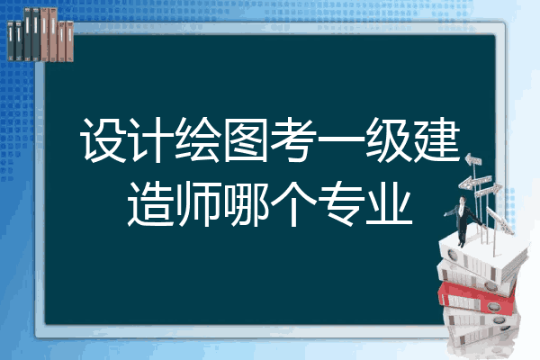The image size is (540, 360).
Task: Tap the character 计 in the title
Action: [151, 139]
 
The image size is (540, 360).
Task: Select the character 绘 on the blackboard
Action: [198, 139]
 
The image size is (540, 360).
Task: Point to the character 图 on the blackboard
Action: [247, 139]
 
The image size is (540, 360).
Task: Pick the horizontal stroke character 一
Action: [341, 139]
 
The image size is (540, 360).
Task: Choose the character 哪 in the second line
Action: [246, 203]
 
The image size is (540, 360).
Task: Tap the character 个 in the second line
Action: [293, 203]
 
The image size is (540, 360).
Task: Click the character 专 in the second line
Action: [342, 203]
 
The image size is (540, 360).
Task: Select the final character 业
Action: [389, 204]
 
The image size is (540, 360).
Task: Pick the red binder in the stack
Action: [476, 298]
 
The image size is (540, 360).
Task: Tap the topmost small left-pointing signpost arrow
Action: [473, 160]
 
